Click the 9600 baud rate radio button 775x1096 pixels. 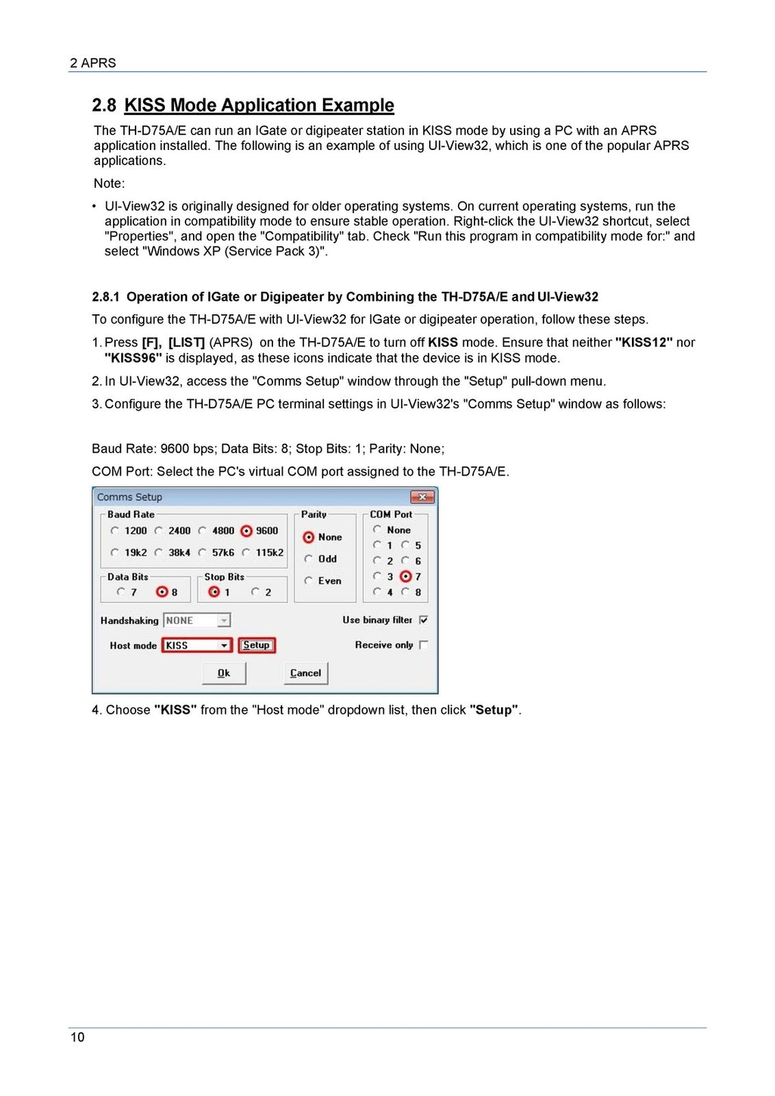246,531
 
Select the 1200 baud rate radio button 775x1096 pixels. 115,531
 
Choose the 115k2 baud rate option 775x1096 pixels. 246,553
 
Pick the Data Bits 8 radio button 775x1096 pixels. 161,592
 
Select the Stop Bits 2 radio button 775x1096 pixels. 256,592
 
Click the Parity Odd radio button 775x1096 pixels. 309,559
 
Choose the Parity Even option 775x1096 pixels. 309,581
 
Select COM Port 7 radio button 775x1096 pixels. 406,577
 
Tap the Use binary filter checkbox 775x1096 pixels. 424,620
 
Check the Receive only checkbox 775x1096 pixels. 424,645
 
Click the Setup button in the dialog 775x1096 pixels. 257,645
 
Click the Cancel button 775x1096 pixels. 306,673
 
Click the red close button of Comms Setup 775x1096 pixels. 422,497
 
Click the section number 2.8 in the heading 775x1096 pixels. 104,105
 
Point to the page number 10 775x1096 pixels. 77,1037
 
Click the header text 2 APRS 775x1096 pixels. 93,63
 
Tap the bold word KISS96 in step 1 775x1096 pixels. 133,358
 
